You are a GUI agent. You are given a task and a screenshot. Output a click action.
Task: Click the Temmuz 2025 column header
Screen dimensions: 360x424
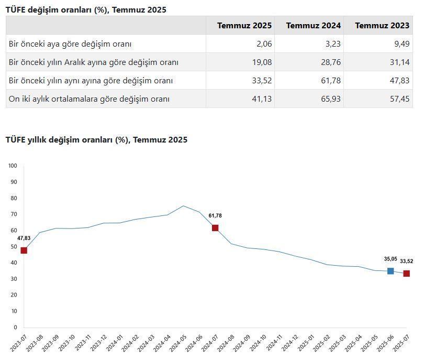(x=244, y=26)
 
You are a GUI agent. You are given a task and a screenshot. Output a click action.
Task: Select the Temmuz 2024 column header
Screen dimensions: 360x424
(x=314, y=26)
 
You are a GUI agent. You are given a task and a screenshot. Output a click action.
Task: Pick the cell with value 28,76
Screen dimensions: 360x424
(x=330, y=62)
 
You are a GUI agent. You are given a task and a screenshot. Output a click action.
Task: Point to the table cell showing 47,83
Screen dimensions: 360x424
(x=398, y=81)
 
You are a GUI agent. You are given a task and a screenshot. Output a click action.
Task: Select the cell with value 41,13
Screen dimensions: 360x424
(x=261, y=99)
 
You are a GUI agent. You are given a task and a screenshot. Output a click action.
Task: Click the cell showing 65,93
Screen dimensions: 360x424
(x=330, y=99)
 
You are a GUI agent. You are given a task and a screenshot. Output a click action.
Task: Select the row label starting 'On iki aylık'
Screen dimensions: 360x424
(x=89, y=99)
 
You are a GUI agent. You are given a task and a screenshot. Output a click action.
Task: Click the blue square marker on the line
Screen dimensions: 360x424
(x=390, y=271)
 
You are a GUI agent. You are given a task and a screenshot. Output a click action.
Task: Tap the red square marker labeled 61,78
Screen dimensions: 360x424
(x=215, y=228)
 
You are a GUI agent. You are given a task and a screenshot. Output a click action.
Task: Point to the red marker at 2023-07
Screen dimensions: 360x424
(x=24, y=250)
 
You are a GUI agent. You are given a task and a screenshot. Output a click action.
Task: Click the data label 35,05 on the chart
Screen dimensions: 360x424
(x=390, y=259)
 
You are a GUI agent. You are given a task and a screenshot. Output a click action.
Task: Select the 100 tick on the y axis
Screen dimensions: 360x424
(x=13, y=166)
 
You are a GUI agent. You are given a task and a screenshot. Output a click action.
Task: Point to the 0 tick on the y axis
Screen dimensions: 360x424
(x=15, y=328)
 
